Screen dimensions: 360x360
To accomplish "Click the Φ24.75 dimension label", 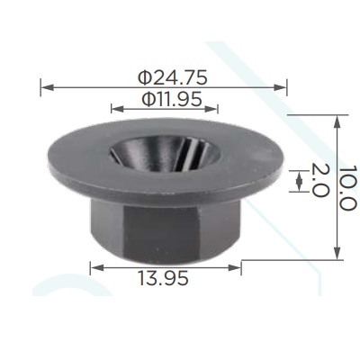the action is [173, 77].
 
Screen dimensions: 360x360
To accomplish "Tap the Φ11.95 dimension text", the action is [172, 99].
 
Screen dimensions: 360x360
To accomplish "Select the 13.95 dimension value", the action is [163, 277].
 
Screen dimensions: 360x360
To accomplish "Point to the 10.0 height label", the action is [348, 187].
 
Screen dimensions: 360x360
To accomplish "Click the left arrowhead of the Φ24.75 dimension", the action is [48, 87].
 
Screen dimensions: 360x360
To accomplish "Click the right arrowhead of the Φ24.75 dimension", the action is [280, 87].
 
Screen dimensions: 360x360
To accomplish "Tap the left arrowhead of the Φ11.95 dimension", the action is [117, 109].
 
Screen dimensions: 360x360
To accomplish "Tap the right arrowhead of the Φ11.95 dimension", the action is [211, 109].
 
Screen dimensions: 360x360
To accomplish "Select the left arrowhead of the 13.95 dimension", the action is [97, 267].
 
